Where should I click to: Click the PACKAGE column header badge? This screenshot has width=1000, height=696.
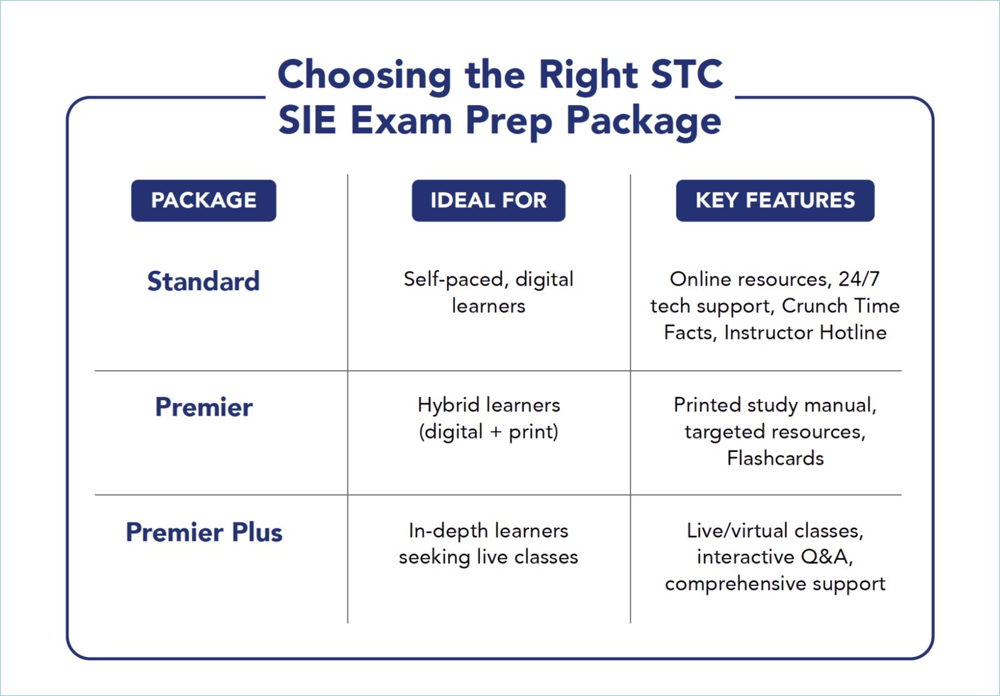click(203, 201)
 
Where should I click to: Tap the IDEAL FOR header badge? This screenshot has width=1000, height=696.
click(488, 201)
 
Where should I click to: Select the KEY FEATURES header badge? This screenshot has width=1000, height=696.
click(775, 201)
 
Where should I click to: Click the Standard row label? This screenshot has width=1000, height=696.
click(203, 281)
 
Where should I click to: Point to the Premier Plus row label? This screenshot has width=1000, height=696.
click(204, 533)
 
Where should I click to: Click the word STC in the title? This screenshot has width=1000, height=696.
click(686, 74)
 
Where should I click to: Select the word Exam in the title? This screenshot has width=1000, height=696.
click(401, 120)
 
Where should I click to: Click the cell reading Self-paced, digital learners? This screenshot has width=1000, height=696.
click(488, 293)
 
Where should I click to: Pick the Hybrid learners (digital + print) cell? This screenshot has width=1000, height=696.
click(488, 418)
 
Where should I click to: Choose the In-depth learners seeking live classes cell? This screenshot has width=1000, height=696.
click(488, 543)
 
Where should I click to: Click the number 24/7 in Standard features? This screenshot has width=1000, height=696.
click(859, 279)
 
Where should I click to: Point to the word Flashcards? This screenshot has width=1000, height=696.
click(775, 458)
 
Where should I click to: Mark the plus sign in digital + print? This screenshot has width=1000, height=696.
click(496, 432)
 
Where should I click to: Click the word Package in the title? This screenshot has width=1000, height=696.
click(644, 120)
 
